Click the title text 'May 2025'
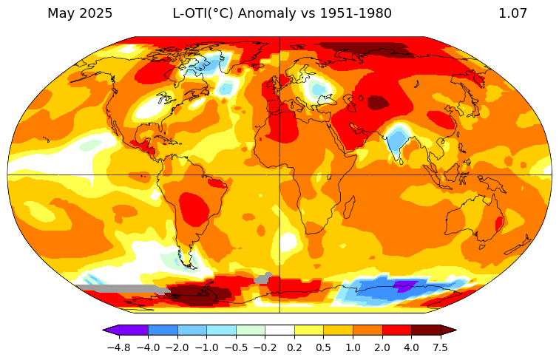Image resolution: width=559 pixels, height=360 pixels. pyautogui.click(x=80, y=13)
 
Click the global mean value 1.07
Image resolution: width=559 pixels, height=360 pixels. pyautogui.click(x=512, y=13)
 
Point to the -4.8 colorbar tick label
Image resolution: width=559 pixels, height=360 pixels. pyautogui.click(x=118, y=347)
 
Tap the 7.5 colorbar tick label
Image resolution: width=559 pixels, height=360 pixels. pyautogui.click(x=441, y=347)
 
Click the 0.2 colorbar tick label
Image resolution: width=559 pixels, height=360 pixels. pyautogui.click(x=294, y=347)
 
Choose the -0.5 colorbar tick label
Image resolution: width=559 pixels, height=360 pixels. pyautogui.click(x=236, y=347)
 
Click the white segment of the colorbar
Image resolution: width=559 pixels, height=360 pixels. pyautogui.click(x=279, y=330)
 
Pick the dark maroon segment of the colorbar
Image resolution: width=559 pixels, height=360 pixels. pyautogui.click(x=426, y=330)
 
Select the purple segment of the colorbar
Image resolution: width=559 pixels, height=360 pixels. pyautogui.click(x=133, y=330)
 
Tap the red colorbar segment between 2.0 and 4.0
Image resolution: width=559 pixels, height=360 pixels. pyautogui.click(x=396, y=330)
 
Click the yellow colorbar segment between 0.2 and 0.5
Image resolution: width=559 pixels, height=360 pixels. pyautogui.click(x=309, y=330)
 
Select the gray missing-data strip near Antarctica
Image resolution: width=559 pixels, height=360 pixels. pyautogui.click(x=118, y=289)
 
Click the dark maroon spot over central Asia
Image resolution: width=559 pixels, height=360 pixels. pyautogui.click(x=378, y=102)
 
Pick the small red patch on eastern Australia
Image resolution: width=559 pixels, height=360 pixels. pyautogui.click(x=499, y=223)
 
